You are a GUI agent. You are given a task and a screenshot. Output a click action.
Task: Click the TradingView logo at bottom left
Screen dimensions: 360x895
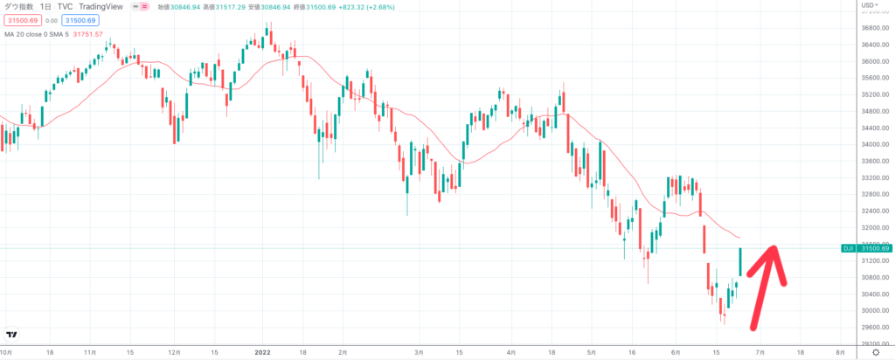pos(12,334)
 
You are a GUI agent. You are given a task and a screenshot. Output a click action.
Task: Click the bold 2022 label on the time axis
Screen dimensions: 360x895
pos(264,353)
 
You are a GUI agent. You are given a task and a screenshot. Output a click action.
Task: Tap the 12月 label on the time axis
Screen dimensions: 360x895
pos(175,353)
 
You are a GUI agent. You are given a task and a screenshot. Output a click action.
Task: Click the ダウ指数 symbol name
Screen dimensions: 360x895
pos(18,6)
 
